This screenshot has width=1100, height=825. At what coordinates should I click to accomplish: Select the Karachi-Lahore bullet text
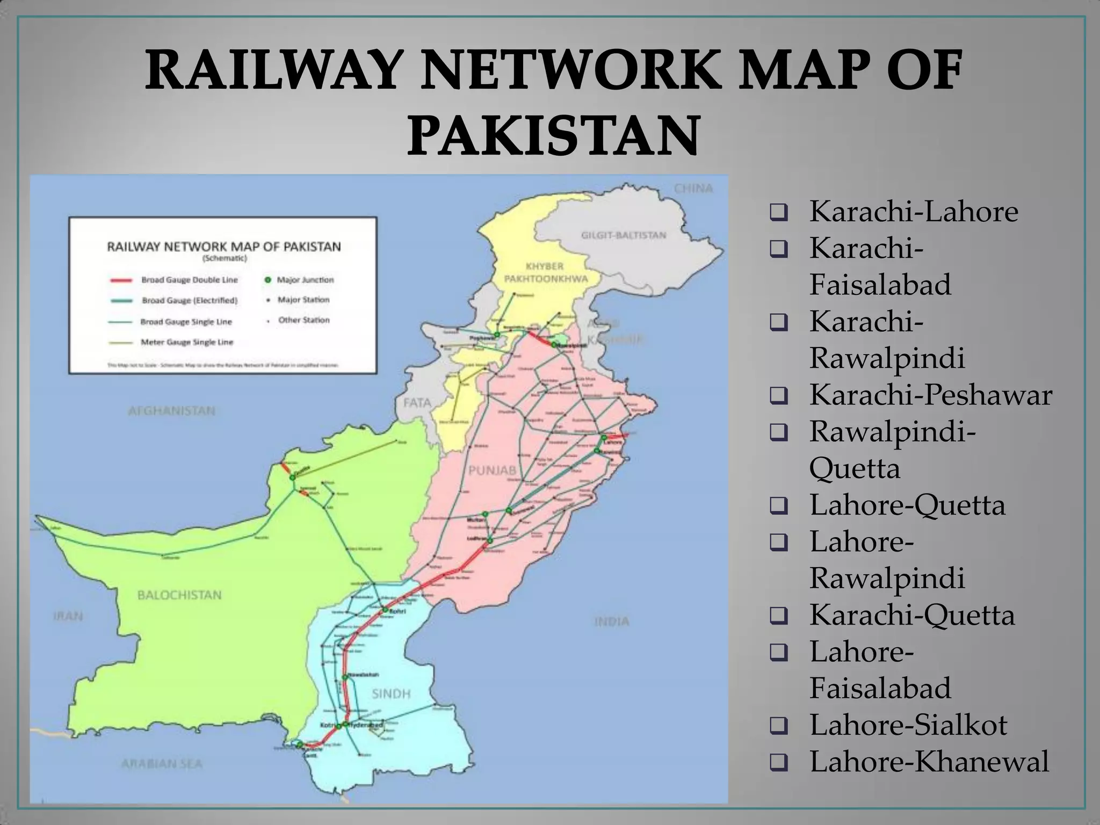point(913,211)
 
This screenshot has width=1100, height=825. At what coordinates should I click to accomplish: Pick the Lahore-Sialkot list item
point(908,725)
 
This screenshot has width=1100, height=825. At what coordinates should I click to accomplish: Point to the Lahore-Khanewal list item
point(929,761)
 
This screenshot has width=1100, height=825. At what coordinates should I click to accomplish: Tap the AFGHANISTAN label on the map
point(171,411)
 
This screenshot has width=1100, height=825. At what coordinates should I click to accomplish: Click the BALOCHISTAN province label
point(179,595)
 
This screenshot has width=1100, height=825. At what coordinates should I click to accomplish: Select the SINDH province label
point(391,694)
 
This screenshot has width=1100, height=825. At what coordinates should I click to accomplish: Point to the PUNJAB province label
point(492,471)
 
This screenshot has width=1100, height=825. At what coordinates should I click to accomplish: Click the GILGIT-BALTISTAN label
point(623,235)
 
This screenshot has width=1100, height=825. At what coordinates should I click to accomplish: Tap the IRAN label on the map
point(68,616)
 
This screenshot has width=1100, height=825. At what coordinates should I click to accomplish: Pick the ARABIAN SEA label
point(161,764)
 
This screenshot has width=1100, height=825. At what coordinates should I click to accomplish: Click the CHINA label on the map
point(693,189)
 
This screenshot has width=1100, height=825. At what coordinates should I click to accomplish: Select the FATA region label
point(417,402)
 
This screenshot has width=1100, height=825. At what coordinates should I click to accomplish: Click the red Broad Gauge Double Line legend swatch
point(121,280)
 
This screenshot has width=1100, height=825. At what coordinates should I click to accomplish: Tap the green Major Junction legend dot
point(267,280)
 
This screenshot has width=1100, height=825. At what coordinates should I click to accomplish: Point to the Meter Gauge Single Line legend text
point(187,342)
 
